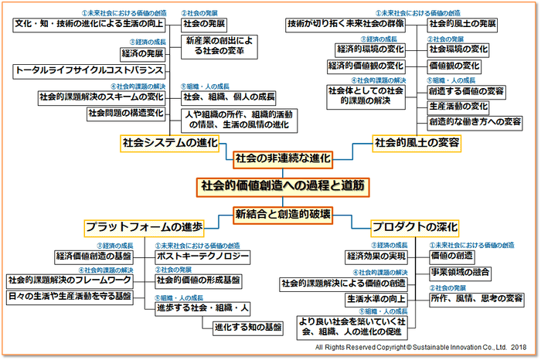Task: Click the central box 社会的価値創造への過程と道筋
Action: point(282,185)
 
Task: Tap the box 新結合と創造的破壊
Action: point(283,214)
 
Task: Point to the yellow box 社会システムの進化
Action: point(170,143)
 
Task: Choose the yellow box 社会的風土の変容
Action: point(417,143)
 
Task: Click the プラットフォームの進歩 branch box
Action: point(145,227)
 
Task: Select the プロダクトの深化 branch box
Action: point(415,227)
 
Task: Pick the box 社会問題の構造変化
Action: point(125,114)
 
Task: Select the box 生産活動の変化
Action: point(458,106)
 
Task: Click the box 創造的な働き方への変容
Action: point(475,121)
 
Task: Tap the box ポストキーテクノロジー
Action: point(202,256)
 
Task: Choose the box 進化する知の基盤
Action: point(247,326)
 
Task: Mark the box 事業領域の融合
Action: point(459,272)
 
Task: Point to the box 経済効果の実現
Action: point(376,256)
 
